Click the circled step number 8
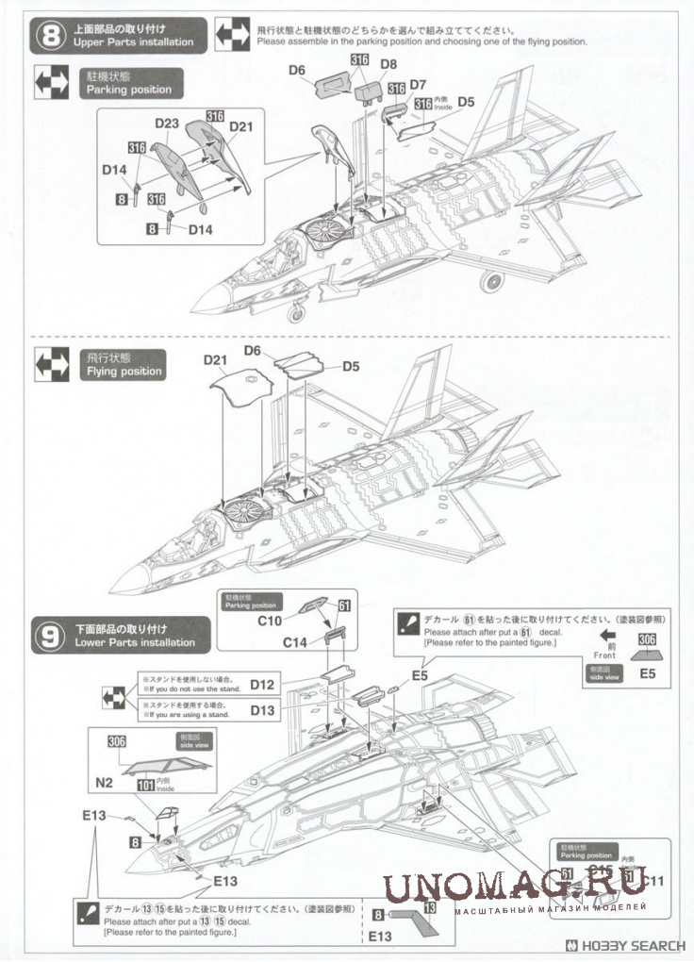coord(50,35)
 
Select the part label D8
coord(388,65)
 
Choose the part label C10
coord(270,622)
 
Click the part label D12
coord(262,684)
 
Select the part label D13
coord(262,709)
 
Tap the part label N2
coord(103,782)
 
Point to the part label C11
coord(651,881)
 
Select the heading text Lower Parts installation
coord(134,642)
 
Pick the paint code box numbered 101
coord(146,782)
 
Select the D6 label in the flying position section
coord(252,350)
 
